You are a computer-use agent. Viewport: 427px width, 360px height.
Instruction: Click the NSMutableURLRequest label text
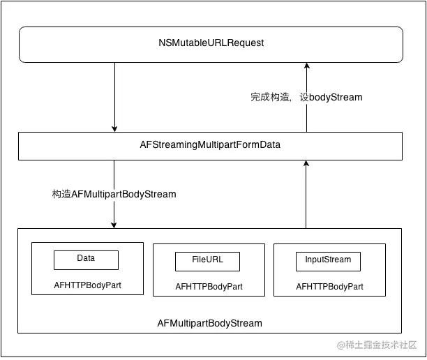pyautogui.click(x=211, y=43)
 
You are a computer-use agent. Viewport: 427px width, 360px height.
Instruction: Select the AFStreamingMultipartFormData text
pyautogui.click(x=210, y=145)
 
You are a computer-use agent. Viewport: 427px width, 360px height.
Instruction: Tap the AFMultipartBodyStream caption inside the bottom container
pyautogui.click(x=209, y=323)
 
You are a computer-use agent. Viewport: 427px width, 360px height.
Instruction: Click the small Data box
pyautogui.click(x=86, y=260)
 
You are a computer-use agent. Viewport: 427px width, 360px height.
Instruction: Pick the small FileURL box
pyautogui.click(x=207, y=261)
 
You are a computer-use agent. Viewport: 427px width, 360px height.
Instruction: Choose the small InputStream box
pyautogui.click(x=328, y=261)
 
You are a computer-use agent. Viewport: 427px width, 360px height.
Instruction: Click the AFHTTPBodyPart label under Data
pyautogui.click(x=87, y=285)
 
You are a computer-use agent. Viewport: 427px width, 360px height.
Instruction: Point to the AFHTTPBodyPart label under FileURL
pyautogui.click(x=209, y=287)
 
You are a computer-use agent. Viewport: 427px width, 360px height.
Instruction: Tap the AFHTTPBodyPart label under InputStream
pyautogui.click(x=329, y=287)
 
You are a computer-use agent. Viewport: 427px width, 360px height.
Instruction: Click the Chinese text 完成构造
pyautogui.click(x=271, y=98)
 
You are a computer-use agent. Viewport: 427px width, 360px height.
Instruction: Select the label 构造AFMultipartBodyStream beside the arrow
pyautogui.click(x=114, y=194)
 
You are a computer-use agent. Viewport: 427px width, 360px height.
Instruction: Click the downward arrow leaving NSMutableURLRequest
pyautogui.click(x=114, y=94)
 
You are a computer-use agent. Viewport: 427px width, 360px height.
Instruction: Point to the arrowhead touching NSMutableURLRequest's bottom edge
pyautogui.click(x=306, y=66)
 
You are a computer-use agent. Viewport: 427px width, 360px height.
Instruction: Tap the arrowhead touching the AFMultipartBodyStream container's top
pyautogui.click(x=114, y=224)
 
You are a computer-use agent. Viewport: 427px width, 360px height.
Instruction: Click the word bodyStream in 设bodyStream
pyautogui.click(x=336, y=98)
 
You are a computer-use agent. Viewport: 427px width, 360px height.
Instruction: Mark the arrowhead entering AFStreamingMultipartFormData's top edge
pyautogui.click(x=114, y=128)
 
